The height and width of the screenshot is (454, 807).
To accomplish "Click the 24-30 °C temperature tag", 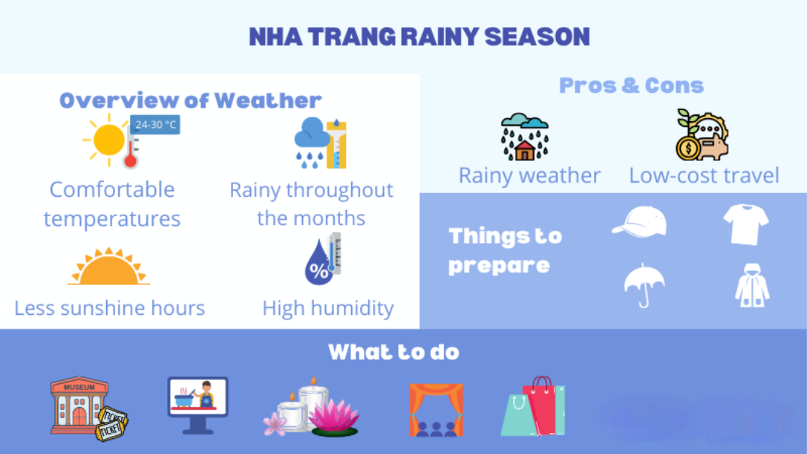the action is pyautogui.click(x=155, y=125).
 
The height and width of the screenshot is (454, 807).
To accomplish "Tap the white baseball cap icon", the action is pyautogui.click(x=640, y=222).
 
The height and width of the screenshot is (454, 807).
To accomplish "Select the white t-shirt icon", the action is pyautogui.click(x=746, y=224).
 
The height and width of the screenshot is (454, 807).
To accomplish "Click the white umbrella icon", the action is pyautogui.click(x=644, y=285).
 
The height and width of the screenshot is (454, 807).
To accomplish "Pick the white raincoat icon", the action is pyautogui.click(x=752, y=286).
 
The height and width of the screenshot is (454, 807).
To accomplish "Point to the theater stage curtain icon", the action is pyautogui.click(x=436, y=410).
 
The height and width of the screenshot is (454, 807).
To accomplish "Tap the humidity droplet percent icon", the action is pyautogui.click(x=323, y=259).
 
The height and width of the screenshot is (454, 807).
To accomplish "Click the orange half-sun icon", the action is pyautogui.click(x=109, y=266).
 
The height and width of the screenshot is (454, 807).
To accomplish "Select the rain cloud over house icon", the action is pyautogui.click(x=525, y=137).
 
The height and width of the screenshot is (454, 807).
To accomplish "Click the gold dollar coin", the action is pyautogui.click(x=688, y=148).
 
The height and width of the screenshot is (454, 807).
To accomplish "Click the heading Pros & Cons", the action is pyautogui.click(x=631, y=85).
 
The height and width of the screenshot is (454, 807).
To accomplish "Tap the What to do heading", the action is pyautogui.click(x=394, y=352).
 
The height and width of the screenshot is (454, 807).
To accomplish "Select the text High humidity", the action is pyautogui.click(x=328, y=308).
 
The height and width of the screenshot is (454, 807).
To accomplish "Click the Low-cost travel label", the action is pyautogui.click(x=704, y=175).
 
